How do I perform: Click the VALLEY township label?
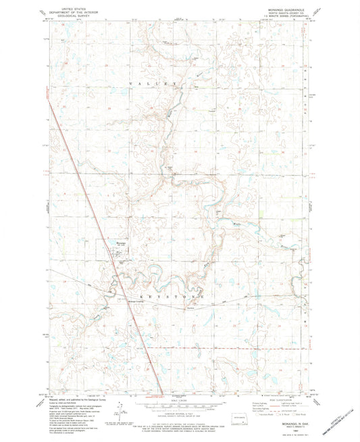tap(155, 83)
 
